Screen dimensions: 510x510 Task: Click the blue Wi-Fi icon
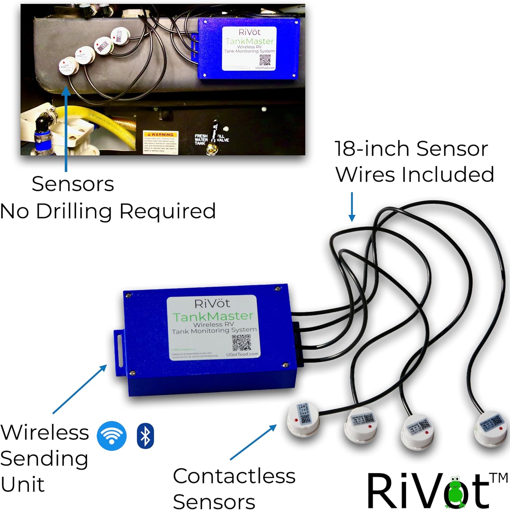[x=112, y=436]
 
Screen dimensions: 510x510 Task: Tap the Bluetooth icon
[x=145, y=436]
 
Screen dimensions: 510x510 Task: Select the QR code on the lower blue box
[x=242, y=343]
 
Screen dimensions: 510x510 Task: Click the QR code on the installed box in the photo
[x=265, y=60]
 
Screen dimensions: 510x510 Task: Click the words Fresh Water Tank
[x=201, y=139]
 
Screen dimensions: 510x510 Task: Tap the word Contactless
[x=234, y=476]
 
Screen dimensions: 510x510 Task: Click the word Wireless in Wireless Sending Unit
[x=45, y=432]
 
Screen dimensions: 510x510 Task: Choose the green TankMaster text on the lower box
[x=213, y=317]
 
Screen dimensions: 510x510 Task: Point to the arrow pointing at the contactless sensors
[x=253, y=442]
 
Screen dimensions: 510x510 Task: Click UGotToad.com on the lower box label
[x=242, y=354]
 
